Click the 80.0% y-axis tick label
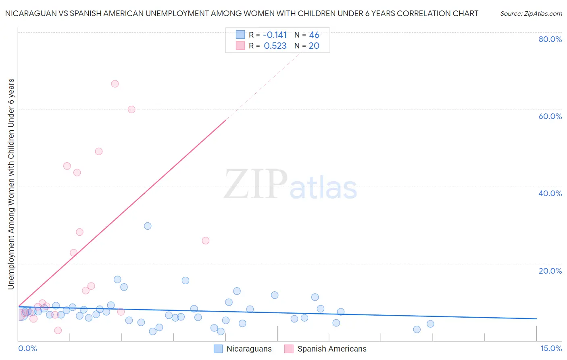coord(550,39)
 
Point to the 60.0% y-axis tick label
coord(550,116)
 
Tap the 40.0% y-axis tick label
coord(550,193)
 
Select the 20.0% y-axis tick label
coord(550,271)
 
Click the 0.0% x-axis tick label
coord(27,349)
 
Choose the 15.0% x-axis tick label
coord(551,349)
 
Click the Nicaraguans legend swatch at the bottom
coord(218,349)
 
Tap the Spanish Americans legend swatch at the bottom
coord(289,349)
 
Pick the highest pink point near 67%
coord(115,84)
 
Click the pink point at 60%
coord(131,109)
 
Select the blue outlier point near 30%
coord(148,226)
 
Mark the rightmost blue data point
coord(430,324)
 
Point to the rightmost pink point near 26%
coord(206,241)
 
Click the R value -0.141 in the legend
coord(275,35)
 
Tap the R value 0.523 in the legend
coord(275,46)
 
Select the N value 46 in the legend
coord(314,35)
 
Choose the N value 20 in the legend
coord(314,46)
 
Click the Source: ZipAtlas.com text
coord(531,14)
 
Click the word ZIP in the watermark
coord(256,185)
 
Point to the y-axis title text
coord(11,184)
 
